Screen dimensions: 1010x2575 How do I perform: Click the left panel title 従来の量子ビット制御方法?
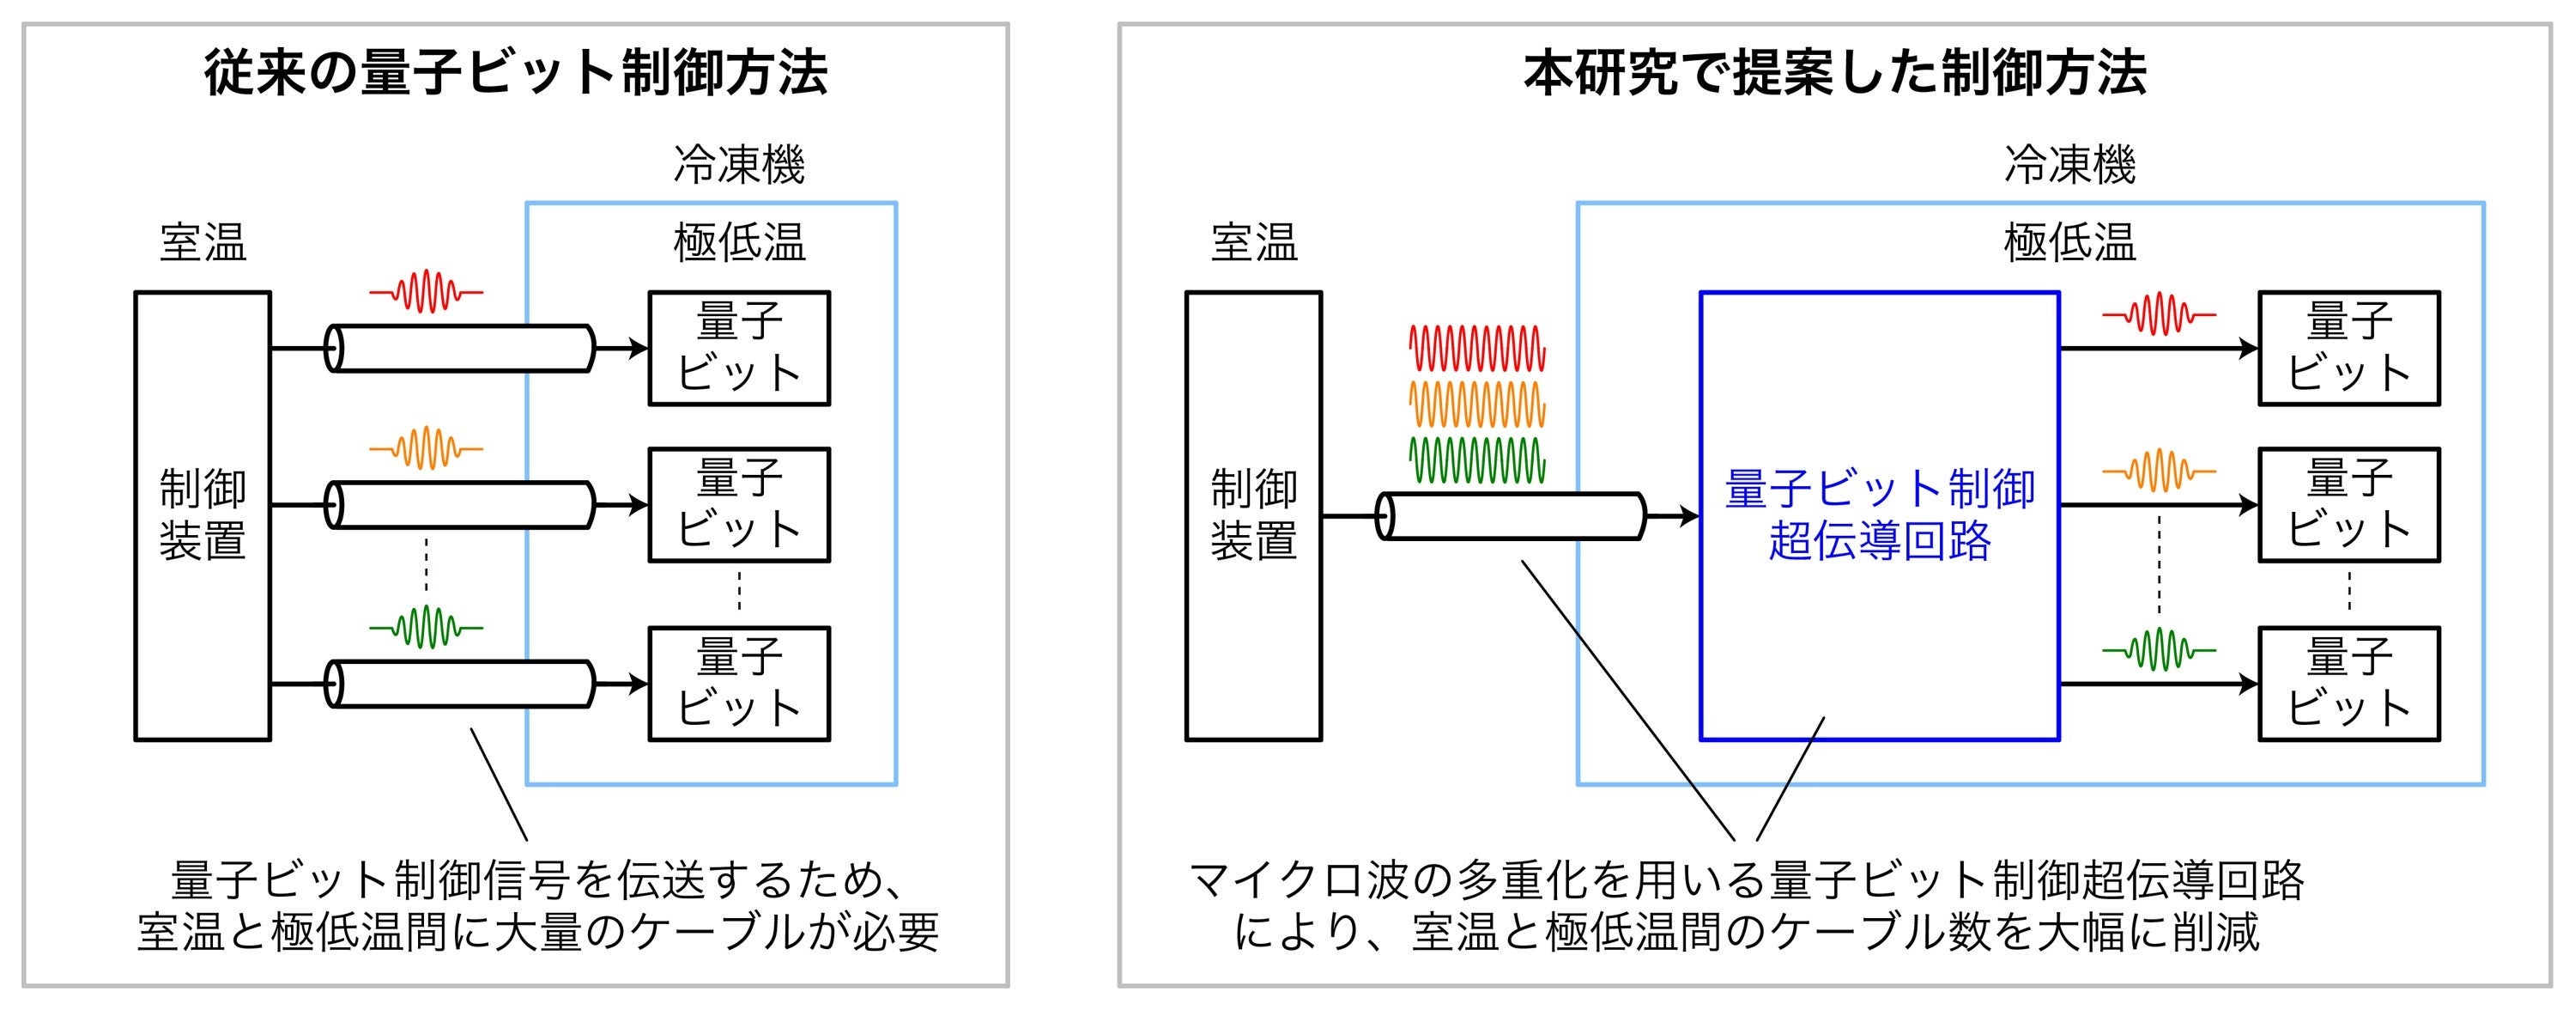tap(516, 73)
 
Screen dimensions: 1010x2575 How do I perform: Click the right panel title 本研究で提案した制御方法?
tap(1834, 73)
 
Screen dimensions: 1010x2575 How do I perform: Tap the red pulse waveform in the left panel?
tap(427, 291)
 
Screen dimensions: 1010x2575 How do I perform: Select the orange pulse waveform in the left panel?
tap(427, 448)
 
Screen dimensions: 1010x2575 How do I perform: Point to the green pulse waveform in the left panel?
tap(427, 627)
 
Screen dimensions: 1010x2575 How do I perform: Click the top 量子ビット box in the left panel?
tap(739, 348)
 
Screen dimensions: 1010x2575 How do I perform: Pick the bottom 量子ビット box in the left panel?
tap(739, 684)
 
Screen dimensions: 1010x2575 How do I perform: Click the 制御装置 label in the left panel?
tap(202, 515)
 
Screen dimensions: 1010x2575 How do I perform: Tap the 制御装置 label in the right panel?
tap(1253, 515)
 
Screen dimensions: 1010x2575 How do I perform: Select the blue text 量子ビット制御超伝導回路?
tap(1879, 515)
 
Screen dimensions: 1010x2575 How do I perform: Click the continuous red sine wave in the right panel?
tap(1477, 347)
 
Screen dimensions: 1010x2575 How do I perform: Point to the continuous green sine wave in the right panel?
tap(1477, 460)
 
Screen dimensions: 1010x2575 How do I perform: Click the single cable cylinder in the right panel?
tap(1510, 516)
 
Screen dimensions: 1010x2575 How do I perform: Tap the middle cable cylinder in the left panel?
tap(460, 505)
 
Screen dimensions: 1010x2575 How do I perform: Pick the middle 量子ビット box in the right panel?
tap(2349, 505)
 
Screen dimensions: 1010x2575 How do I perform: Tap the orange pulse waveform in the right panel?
tap(2160, 470)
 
